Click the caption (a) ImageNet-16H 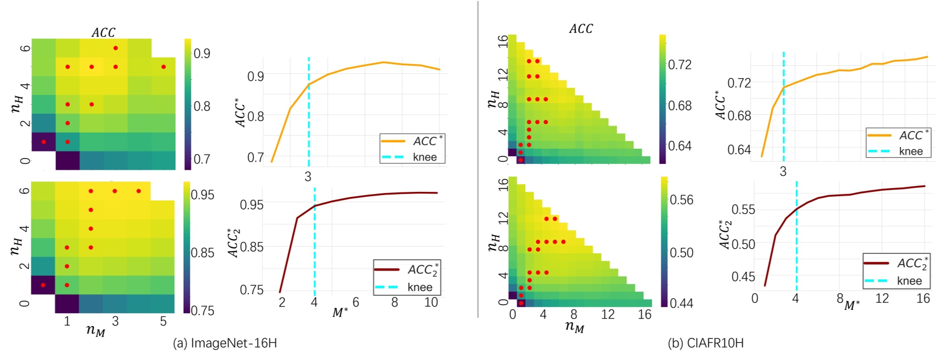coord(225,343)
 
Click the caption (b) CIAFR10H coord(706,343)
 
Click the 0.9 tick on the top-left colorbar coord(202,53)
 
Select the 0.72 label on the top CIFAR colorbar coord(680,65)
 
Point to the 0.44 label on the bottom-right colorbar coord(681,303)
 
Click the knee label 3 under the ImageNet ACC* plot coord(308,177)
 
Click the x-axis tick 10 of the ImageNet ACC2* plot coord(431,303)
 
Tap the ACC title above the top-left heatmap coord(103,32)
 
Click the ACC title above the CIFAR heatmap coord(581,29)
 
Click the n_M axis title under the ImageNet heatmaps coord(95,330)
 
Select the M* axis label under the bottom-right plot coord(852,306)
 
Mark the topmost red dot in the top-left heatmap coord(115,48)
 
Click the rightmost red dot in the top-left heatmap coord(163,67)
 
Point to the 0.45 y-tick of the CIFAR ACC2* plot coord(743,277)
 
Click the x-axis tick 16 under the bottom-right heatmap coord(645,315)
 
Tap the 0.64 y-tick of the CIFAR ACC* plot coord(739,150)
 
